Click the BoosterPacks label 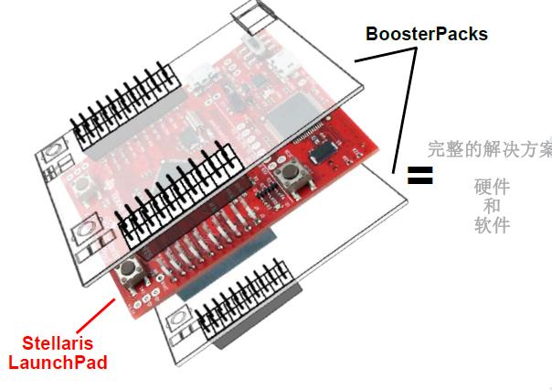(x=427, y=34)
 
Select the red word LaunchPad (x=58, y=363)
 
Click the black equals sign (x=419, y=175)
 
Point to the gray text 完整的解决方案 (x=490, y=148)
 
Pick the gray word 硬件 (x=492, y=187)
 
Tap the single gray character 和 (x=492, y=206)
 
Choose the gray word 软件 (x=492, y=225)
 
